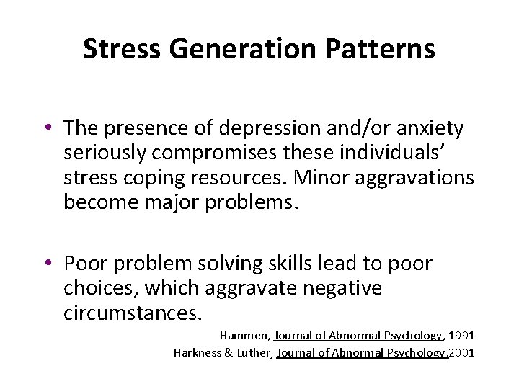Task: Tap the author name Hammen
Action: [x=243, y=336]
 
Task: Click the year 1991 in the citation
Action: [x=461, y=336]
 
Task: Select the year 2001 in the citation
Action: [x=462, y=352]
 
